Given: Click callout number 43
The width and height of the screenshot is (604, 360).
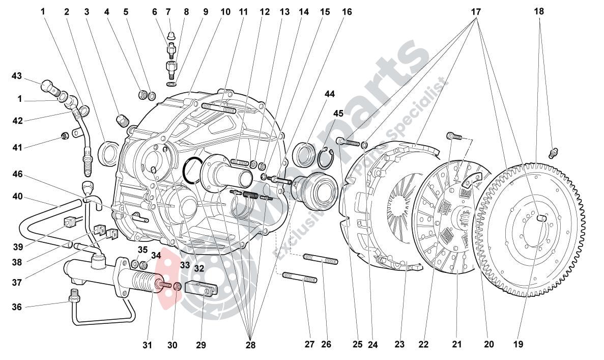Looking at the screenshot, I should click(17, 76).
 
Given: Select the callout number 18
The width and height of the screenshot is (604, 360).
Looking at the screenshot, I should click(539, 11).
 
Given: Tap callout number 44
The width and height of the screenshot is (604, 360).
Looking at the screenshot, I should click(330, 94).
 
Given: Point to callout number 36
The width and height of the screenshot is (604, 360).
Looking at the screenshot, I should click(17, 307).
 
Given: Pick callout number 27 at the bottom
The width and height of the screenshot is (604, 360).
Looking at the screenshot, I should click(309, 344).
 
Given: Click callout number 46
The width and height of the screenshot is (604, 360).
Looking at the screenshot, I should click(18, 174).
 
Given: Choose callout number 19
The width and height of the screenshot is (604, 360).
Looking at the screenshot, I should click(518, 344).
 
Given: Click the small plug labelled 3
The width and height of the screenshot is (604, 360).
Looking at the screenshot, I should click(122, 121).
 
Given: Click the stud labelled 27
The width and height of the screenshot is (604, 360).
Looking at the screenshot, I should click(300, 278).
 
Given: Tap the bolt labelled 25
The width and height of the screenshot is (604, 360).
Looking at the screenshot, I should click(348, 141).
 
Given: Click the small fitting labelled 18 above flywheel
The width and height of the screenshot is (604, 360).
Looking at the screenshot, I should click(554, 152).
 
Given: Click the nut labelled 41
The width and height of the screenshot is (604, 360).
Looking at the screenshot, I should click(65, 135).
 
